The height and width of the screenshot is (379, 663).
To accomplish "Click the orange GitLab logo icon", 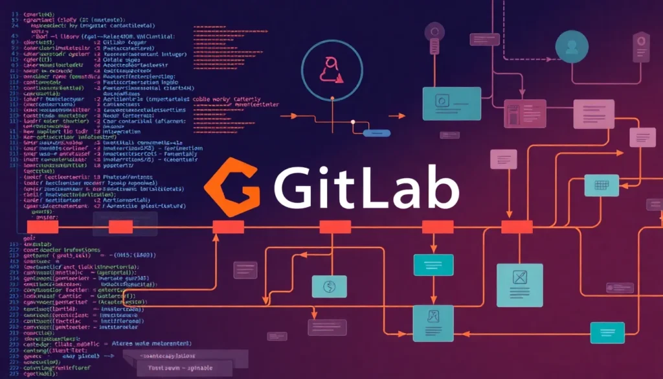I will (x=232, y=187).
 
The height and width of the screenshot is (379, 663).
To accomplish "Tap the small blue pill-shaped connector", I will (x=377, y=133).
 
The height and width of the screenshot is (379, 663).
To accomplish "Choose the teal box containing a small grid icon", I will (x=601, y=185).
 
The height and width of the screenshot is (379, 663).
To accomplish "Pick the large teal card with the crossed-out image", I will (x=520, y=284).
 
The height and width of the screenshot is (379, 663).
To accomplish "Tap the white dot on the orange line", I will (x=352, y=121).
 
